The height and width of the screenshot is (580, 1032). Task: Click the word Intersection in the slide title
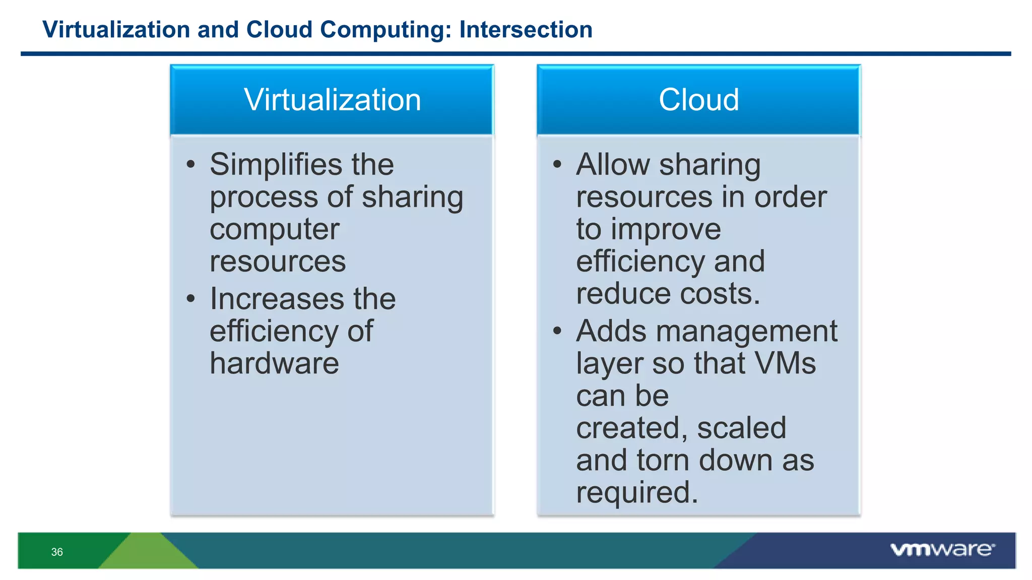[x=526, y=30]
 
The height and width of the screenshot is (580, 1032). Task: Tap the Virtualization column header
[x=332, y=100]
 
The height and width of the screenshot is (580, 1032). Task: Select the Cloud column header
[x=698, y=100]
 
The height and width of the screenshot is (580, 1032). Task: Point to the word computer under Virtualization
[x=275, y=230]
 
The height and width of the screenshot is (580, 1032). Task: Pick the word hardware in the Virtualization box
[x=275, y=364]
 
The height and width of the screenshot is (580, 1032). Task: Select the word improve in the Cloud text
[x=666, y=230]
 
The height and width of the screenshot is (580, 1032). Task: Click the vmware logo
[x=942, y=550]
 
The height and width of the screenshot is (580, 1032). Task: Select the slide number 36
[x=57, y=552]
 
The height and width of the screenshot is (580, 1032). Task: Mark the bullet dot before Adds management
[x=557, y=331]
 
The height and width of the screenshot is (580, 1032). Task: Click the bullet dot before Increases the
[x=190, y=299]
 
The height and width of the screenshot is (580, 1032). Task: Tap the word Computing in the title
[x=385, y=30]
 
